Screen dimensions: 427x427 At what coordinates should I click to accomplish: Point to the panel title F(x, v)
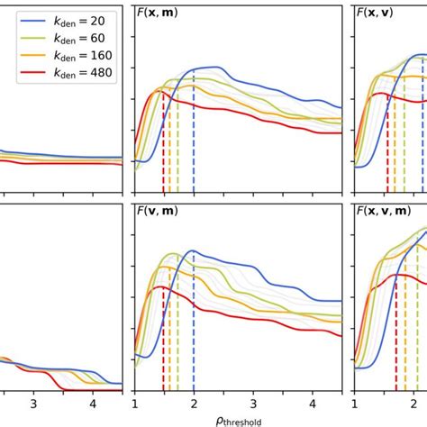point(384,14)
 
